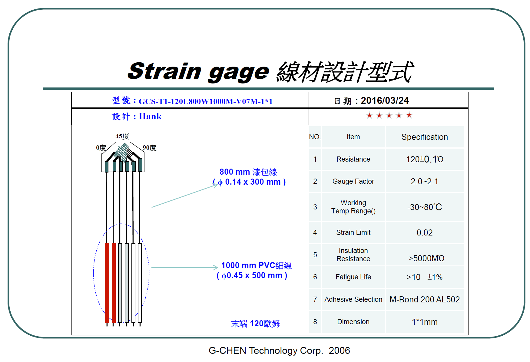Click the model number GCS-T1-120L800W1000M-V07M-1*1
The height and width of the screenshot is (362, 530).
tap(206, 101)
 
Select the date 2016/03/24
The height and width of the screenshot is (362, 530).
tap(385, 100)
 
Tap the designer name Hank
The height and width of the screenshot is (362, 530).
tap(150, 116)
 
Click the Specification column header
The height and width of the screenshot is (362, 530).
tap(424, 137)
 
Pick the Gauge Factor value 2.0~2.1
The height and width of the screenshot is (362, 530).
tap(424, 182)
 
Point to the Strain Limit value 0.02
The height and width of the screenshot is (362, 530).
tap(425, 232)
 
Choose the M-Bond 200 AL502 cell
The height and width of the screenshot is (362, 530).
tap(425, 299)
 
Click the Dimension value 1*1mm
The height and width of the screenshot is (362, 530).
tap(425, 322)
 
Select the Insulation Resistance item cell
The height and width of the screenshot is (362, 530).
tap(353, 255)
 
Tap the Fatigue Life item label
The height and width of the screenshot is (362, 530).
tap(353, 277)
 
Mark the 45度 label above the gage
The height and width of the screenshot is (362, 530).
tap(122, 136)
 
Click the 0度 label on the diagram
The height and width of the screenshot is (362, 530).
tap(101, 148)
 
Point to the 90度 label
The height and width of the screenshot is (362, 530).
tap(150, 148)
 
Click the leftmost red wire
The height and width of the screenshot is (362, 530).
tap(107, 283)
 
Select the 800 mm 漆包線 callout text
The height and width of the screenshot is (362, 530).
tap(248, 172)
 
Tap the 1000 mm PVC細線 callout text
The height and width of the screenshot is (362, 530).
tap(257, 265)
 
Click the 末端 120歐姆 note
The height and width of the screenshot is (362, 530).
tap(255, 324)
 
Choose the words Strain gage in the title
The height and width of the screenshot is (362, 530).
tap(198, 72)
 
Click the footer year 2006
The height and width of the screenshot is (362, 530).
tap(339, 350)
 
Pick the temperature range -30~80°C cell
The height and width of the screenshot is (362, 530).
tap(425, 207)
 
